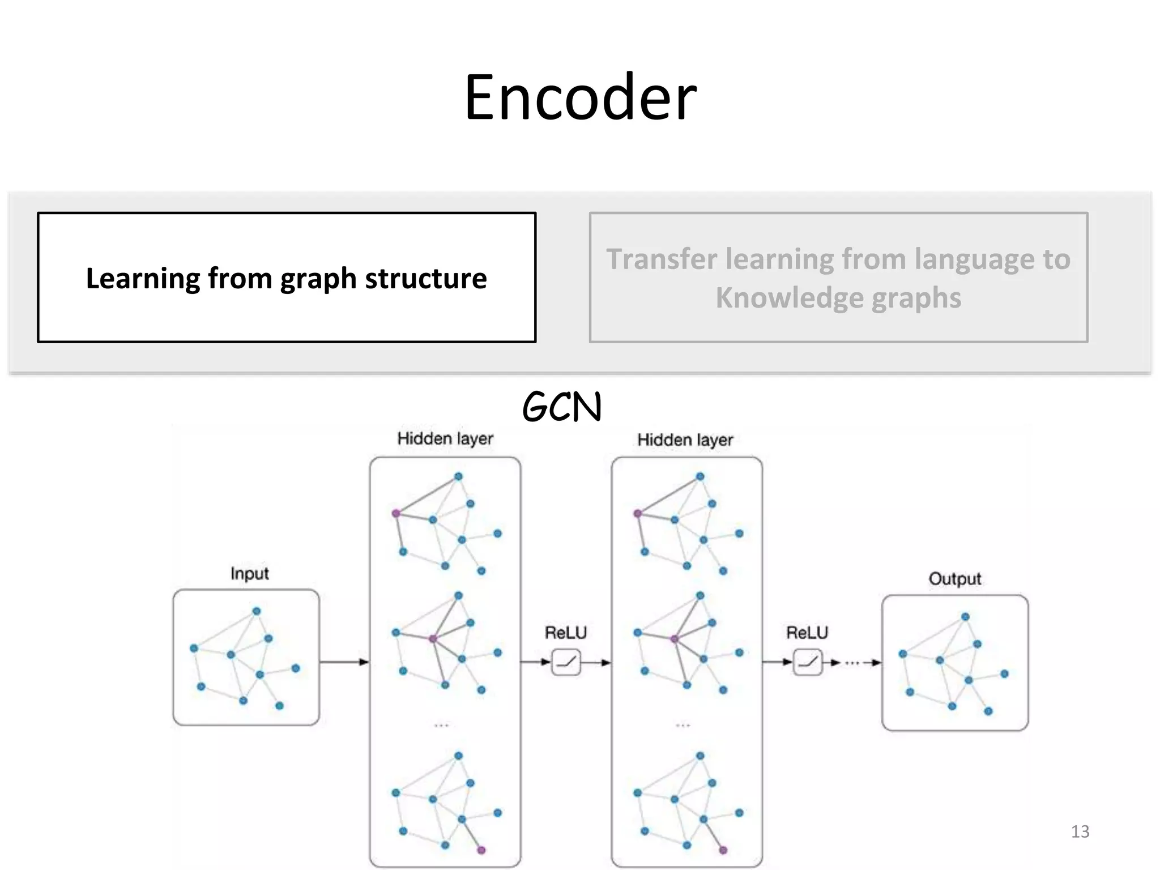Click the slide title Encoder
point(580,97)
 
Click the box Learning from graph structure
point(287,278)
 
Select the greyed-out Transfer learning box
point(838,278)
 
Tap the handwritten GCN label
point(562,407)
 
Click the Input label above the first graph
point(249,573)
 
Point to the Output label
point(955,578)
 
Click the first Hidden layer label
point(445,438)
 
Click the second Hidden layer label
point(685,440)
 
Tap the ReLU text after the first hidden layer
point(566,632)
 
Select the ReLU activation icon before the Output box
point(808,662)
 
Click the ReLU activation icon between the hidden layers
point(566,662)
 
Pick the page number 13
point(1080,831)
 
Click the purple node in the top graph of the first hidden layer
point(396,513)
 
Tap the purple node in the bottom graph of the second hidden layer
point(723,850)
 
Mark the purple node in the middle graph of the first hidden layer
point(433,639)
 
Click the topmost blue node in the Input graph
point(257,611)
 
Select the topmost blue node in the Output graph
point(966,617)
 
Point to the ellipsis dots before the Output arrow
point(852,662)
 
